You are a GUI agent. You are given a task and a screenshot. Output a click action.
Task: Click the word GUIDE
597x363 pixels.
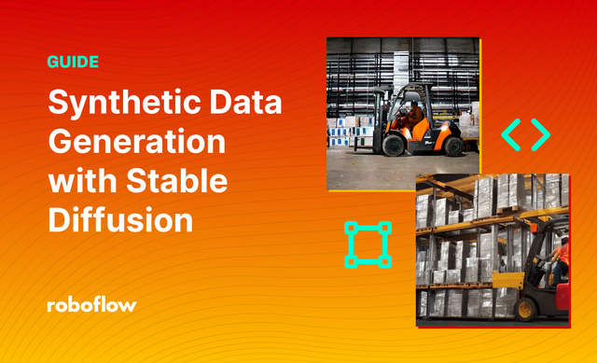[x=73, y=63]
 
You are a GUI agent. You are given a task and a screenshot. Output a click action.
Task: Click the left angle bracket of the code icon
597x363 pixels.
[x=511, y=135]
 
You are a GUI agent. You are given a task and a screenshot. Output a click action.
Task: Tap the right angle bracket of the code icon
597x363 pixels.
[x=540, y=135]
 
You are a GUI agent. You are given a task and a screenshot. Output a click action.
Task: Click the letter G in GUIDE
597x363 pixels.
[x=52, y=63]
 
